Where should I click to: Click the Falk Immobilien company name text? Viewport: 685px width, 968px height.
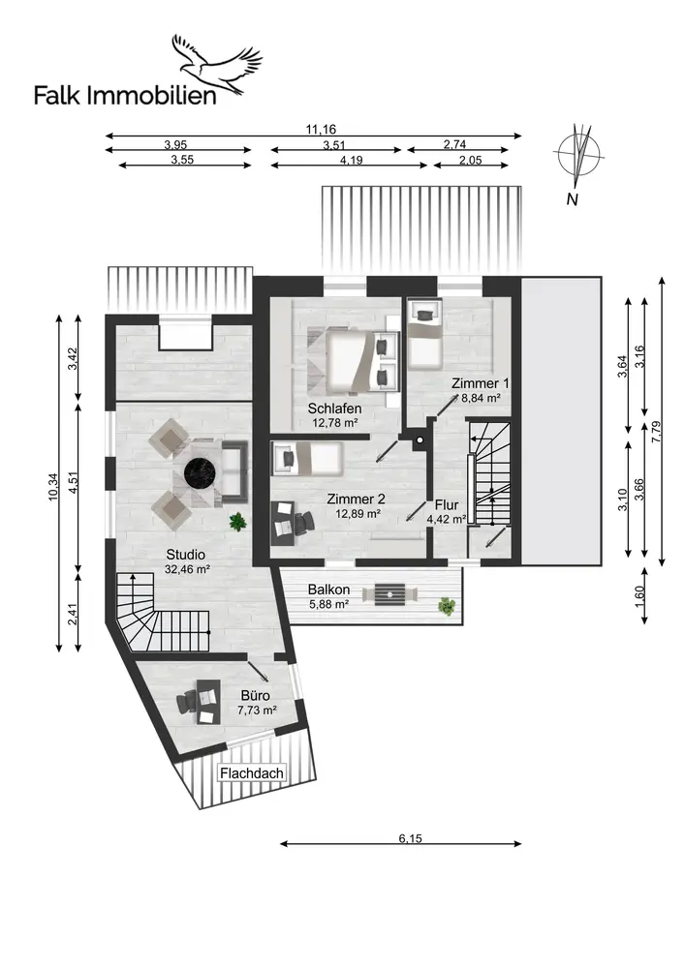click(x=125, y=96)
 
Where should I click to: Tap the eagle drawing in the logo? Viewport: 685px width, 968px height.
click(x=216, y=65)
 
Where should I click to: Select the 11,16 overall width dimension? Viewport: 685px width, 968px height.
click(x=321, y=129)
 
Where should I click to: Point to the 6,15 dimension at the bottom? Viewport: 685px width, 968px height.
click(x=410, y=837)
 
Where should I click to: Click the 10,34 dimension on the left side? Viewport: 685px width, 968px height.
click(x=52, y=487)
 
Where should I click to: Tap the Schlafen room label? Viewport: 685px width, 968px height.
click(x=335, y=408)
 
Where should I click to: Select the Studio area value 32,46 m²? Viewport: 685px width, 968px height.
click(x=187, y=569)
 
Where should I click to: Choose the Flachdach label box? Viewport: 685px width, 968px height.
click(x=252, y=772)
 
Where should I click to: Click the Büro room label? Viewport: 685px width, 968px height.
click(x=255, y=696)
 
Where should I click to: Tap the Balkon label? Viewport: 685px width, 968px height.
click(x=328, y=590)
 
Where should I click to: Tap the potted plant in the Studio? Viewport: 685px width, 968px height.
click(x=237, y=523)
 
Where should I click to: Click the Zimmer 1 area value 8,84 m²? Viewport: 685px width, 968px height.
click(x=481, y=398)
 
